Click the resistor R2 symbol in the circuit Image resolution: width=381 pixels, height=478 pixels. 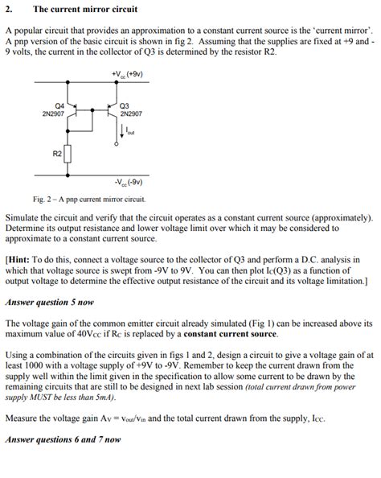click(69, 154)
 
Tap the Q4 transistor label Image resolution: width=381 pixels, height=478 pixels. click(59, 105)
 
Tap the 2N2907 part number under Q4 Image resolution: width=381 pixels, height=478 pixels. click(53, 113)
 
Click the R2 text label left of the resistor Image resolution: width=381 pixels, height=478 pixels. click(57, 153)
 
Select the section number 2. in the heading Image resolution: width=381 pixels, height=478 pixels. click(9, 10)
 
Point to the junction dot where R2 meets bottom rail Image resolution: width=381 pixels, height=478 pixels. click(69, 171)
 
